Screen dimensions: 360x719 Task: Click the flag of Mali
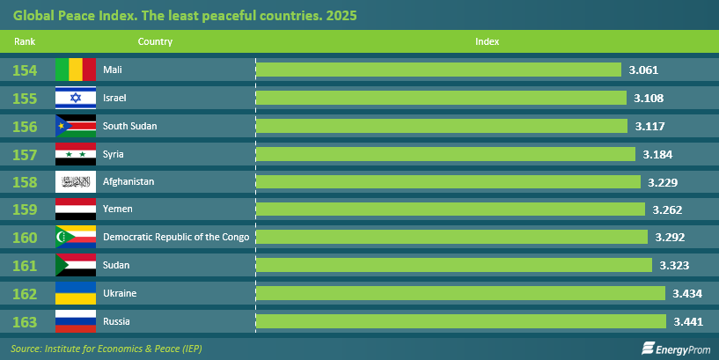(76, 70)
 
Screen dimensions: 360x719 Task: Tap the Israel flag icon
(76, 98)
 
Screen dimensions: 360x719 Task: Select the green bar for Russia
(460, 320)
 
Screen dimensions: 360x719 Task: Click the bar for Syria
(444, 154)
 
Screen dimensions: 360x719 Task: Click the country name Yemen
(118, 209)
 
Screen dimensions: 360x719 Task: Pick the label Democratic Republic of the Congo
(176, 237)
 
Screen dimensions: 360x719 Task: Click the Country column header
(155, 41)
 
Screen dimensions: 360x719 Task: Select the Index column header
(487, 41)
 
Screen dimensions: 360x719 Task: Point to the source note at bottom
(106, 348)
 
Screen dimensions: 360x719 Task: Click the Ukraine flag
(76, 292)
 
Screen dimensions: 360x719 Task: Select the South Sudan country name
(129, 126)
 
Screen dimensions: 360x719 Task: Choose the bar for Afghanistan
(447, 181)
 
